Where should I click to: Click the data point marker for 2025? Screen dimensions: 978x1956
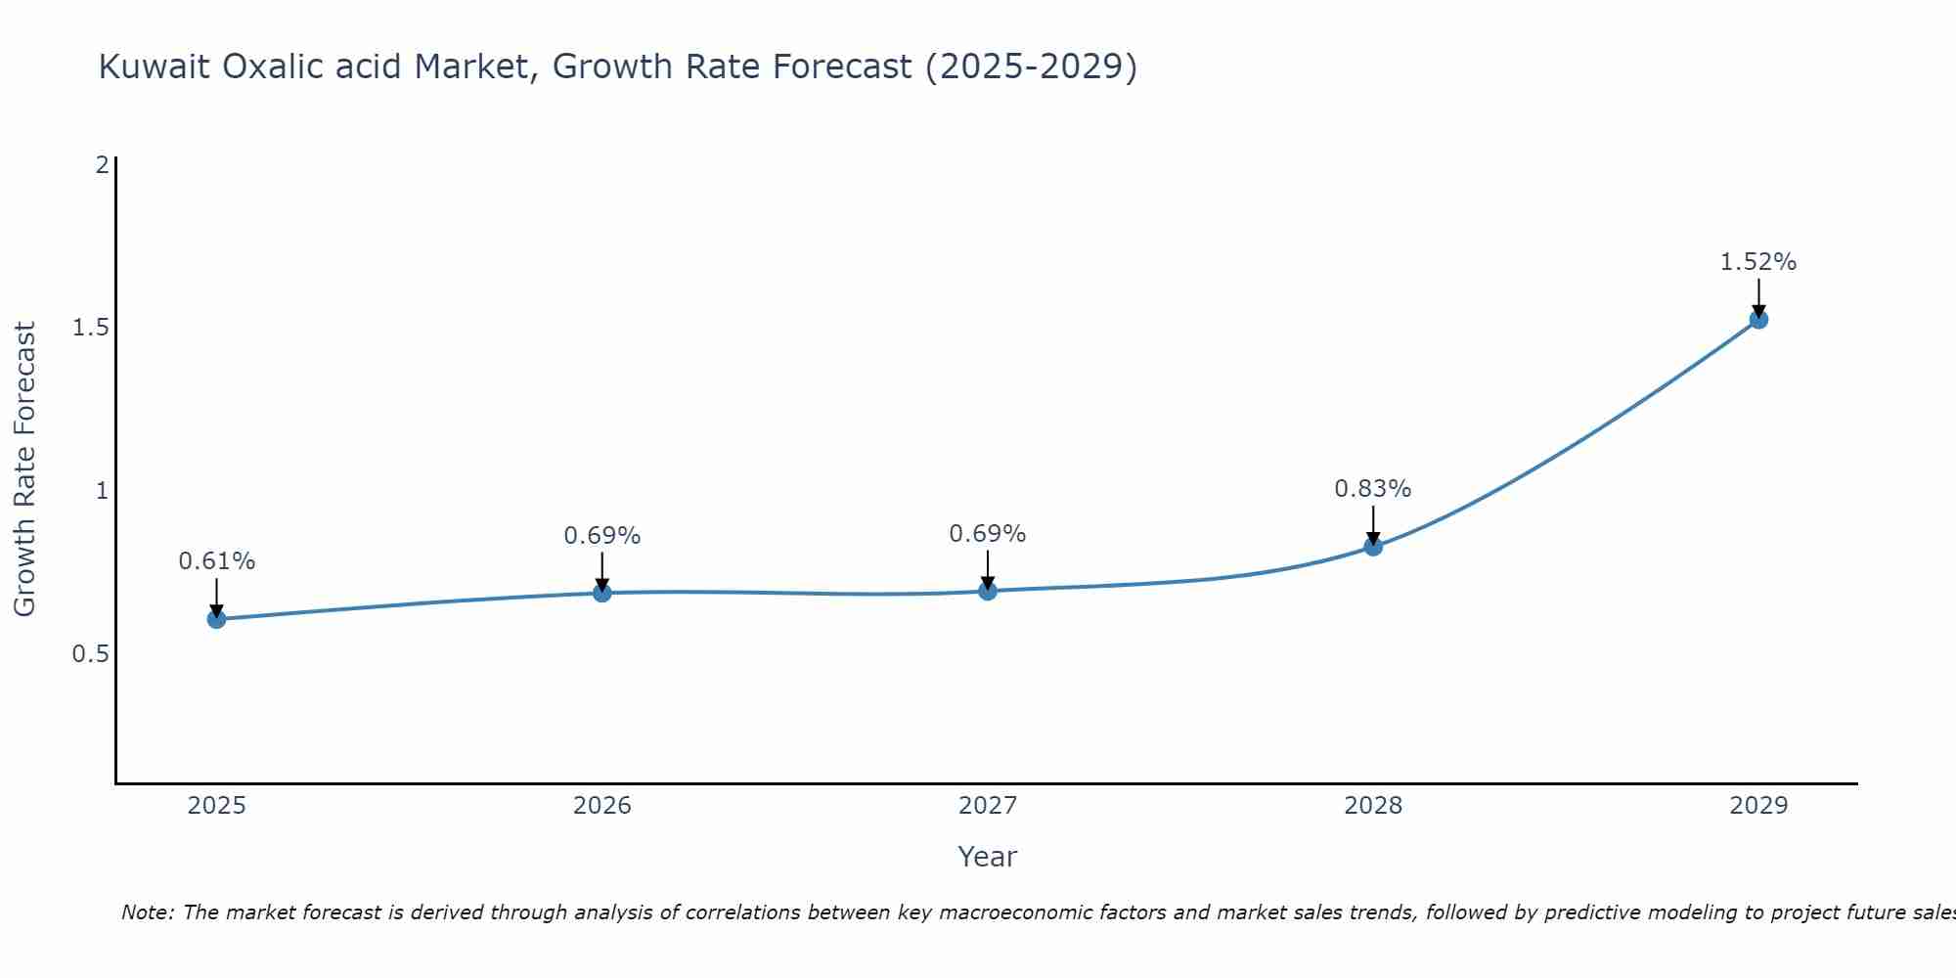click(216, 619)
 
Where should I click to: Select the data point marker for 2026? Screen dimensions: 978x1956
click(601, 593)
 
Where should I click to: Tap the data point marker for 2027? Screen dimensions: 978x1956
click(987, 591)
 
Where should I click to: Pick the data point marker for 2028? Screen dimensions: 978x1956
click(1372, 546)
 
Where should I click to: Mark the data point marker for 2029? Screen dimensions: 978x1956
click(1757, 319)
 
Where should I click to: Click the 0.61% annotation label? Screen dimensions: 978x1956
click(216, 561)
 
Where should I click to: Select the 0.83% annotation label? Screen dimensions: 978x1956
click(1372, 488)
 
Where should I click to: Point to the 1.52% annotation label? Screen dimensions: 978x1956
click(1757, 262)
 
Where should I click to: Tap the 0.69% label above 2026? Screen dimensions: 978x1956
click(601, 536)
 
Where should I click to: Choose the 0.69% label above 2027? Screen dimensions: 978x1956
click(987, 534)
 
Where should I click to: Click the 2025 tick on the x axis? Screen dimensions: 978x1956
click(216, 806)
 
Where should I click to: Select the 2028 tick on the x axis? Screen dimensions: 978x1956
click(1372, 806)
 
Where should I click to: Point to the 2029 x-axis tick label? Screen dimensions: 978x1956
click(1757, 806)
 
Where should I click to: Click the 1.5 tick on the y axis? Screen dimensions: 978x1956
click(90, 328)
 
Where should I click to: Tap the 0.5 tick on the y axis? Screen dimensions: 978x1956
click(90, 653)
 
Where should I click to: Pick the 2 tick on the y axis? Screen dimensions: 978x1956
click(102, 164)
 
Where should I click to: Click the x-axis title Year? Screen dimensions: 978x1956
click(987, 857)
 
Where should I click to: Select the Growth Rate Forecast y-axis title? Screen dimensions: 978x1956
click(24, 469)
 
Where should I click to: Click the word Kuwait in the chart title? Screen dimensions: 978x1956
click(154, 67)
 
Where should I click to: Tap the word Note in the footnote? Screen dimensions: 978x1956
click(147, 912)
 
